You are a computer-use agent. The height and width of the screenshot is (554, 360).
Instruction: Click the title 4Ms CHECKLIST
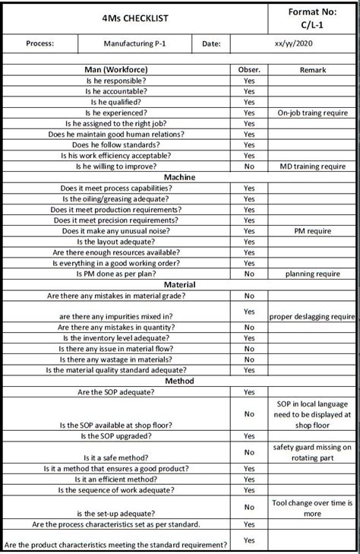click(134, 17)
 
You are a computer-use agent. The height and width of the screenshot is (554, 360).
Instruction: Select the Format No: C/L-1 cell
click(312, 18)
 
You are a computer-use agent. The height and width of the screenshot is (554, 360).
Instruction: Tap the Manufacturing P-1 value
click(135, 44)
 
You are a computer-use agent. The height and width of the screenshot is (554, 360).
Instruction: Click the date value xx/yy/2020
click(312, 44)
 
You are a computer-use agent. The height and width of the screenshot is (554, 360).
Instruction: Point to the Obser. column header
click(249, 70)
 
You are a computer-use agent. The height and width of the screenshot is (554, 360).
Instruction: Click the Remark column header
click(312, 70)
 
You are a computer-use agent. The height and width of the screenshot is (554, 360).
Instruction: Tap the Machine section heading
click(179, 177)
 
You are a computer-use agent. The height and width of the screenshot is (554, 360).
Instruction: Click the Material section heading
click(179, 284)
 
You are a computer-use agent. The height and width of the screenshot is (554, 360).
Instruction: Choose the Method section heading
click(179, 381)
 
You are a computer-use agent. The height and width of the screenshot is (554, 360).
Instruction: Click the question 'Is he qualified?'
click(115, 102)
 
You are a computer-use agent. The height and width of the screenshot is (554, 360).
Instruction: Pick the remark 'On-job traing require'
click(312, 112)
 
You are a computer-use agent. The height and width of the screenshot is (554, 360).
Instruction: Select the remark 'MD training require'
click(312, 166)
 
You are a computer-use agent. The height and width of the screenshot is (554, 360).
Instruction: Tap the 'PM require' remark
click(312, 230)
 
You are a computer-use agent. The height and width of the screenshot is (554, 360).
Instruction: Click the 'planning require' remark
click(312, 274)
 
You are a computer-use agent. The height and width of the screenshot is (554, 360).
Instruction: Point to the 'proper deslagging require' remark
click(312, 316)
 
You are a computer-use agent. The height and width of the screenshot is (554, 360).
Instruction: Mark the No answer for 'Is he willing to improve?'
click(249, 166)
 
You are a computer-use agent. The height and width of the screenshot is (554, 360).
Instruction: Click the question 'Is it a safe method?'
click(115, 458)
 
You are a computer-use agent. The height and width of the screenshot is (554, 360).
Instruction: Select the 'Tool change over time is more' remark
click(312, 508)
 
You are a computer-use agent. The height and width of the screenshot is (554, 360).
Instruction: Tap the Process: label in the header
click(39, 44)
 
